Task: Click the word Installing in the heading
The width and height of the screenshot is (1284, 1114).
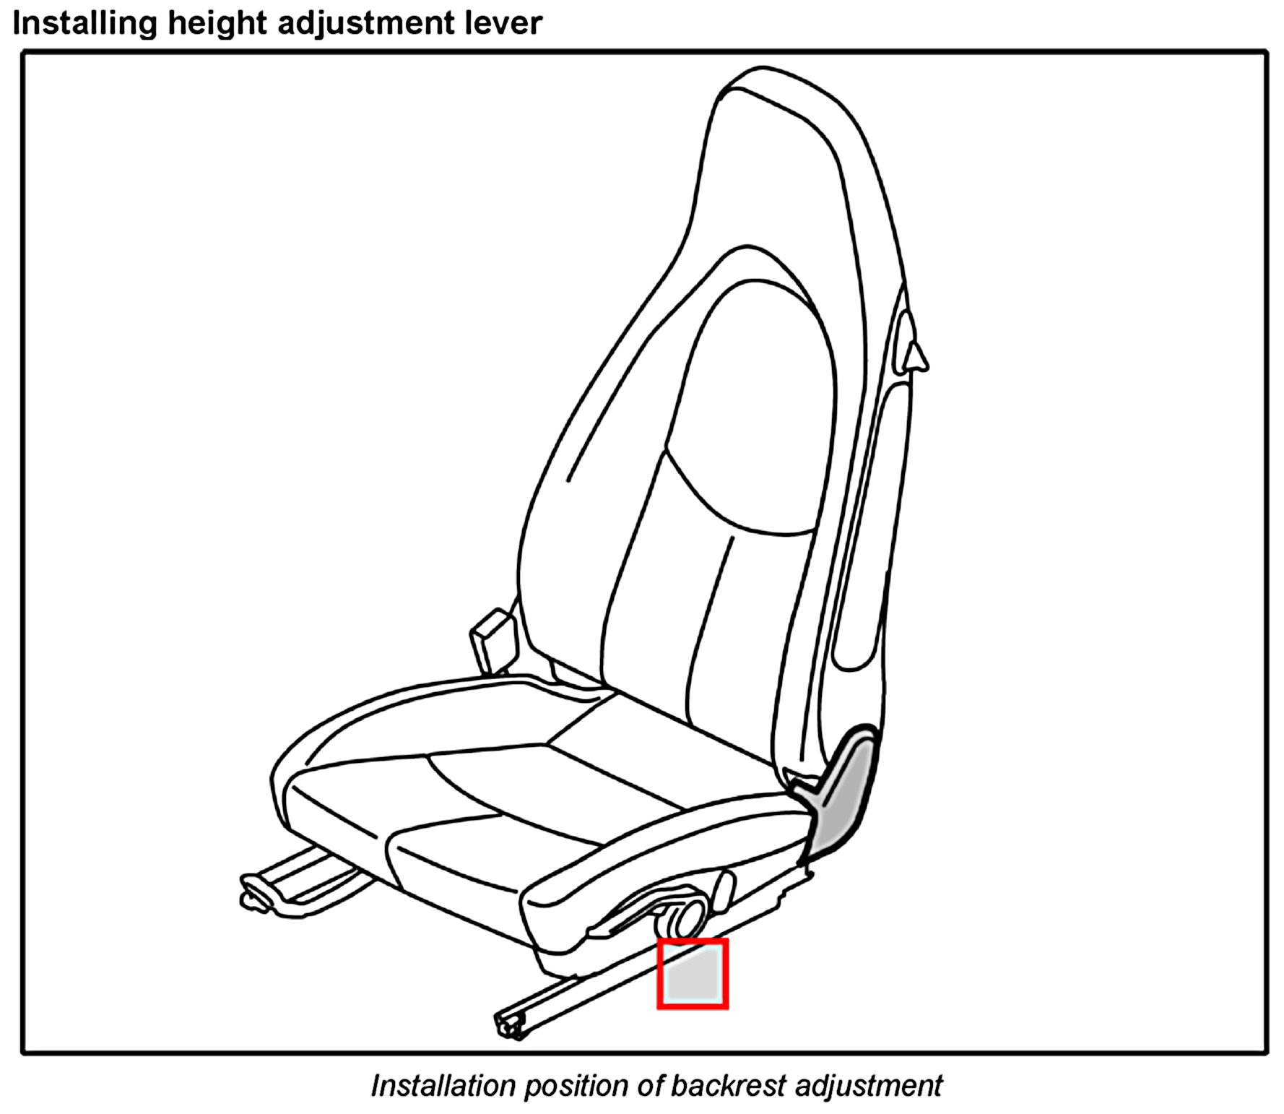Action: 84,23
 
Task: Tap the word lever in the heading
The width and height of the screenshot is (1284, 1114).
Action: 506,23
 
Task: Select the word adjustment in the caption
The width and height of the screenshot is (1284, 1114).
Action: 868,1086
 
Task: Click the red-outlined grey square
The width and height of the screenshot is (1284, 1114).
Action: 692,974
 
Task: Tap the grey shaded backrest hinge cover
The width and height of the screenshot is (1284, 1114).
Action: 845,795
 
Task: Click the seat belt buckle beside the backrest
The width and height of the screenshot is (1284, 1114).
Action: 493,639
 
